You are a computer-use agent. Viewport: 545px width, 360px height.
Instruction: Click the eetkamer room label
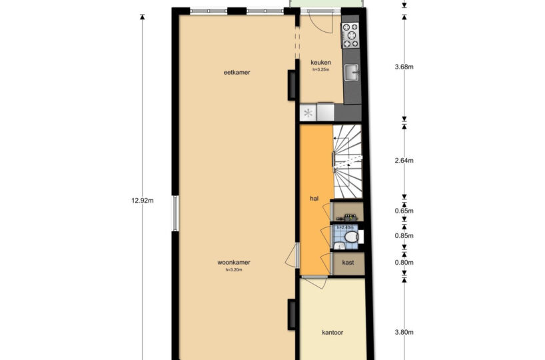[x=237, y=73]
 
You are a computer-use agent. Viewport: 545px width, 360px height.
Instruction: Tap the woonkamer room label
[x=234, y=262]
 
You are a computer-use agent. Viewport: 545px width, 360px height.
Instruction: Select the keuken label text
[x=320, y=63]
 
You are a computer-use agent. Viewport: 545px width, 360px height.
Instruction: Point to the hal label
[x=314, y=199]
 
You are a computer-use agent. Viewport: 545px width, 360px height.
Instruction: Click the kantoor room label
[x=332, y=333]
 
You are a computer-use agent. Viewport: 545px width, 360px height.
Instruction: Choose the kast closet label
[x=348, y=263]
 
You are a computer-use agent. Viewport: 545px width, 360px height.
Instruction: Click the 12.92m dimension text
[x=143, y=201]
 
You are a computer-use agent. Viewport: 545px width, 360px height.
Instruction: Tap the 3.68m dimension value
[x=404, y=67]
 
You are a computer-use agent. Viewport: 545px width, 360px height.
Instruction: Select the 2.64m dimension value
[x=404, y=161]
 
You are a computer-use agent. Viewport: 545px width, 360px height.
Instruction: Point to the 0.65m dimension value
[x=404, y=211]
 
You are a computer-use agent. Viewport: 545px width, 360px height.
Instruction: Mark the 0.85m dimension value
[x=404, y=236]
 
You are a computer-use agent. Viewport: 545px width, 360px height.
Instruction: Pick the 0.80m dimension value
[x=404, y=263]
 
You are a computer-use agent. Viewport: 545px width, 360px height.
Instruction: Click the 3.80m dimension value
[x=404, y=332]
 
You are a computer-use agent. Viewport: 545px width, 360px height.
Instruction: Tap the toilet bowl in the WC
[x=352, y=237]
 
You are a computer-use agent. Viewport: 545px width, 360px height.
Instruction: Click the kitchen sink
[x=351, y=73]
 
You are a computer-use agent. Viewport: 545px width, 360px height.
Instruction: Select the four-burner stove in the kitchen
[x=350, y=35]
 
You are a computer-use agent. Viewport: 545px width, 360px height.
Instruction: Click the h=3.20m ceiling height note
[x=234, y=269]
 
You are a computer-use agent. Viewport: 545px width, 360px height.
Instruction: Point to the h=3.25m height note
[x=320, y=69]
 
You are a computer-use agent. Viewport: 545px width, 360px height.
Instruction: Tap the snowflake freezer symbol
[x=308, y=113]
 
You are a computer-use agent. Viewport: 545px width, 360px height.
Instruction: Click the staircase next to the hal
[x=348, y=161]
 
